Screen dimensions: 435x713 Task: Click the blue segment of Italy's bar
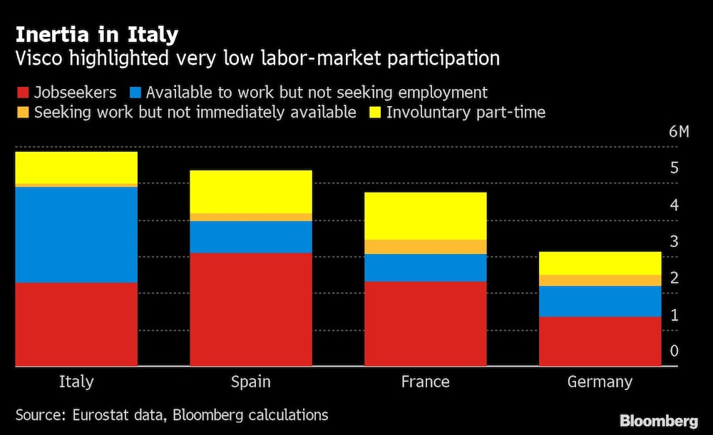coord(76,234)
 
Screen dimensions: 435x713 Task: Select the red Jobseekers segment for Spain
coord(251,309)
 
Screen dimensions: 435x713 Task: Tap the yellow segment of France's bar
coord(426,216)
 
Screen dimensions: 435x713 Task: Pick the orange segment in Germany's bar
coord(600,281)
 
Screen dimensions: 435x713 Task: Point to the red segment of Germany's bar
coord(600,341)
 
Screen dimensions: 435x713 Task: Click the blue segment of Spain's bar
coord(251,237)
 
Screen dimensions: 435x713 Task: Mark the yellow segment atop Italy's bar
coord(76,167)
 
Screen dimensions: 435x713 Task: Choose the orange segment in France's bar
coord(426,247)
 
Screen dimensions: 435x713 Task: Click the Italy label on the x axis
coord(76,382)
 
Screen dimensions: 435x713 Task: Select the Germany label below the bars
coord(600,382)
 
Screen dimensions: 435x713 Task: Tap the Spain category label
coord(251,382)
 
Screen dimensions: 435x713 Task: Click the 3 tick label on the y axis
coord(673,241)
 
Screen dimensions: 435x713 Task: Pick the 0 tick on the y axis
coord(673,351)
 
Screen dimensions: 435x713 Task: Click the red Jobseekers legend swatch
coord(21,92)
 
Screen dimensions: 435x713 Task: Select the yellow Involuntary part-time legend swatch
coord(374,112)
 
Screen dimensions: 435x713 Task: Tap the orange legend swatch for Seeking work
coord(21,112)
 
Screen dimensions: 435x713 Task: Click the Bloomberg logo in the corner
coord(659,421)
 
